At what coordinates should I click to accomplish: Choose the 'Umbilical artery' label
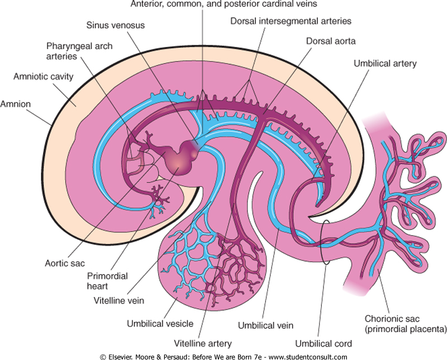click(x=385, y=64)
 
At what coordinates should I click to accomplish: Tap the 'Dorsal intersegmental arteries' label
click(x=291, y=21)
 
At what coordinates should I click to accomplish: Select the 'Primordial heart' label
click(x=107, y=281)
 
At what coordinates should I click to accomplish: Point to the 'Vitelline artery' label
click(x=203, y=343)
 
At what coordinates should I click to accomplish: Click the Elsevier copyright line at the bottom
click(x=223, y=356)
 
